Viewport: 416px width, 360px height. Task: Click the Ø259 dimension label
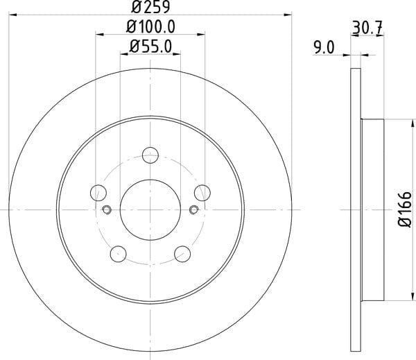point(150,7)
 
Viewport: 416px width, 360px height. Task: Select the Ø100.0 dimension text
point(150,27)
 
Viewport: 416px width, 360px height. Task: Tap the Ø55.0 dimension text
point(150,46)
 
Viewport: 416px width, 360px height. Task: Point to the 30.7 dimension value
point(367,28)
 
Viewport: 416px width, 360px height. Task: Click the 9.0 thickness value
point(324,48)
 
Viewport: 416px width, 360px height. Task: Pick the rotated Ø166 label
point(405,209)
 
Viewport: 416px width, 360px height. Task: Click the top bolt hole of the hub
point(150,155)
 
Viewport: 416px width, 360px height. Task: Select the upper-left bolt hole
point(98,193)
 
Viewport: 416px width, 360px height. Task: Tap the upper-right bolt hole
point(202,193)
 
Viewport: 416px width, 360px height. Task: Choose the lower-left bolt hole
point(119,254)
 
